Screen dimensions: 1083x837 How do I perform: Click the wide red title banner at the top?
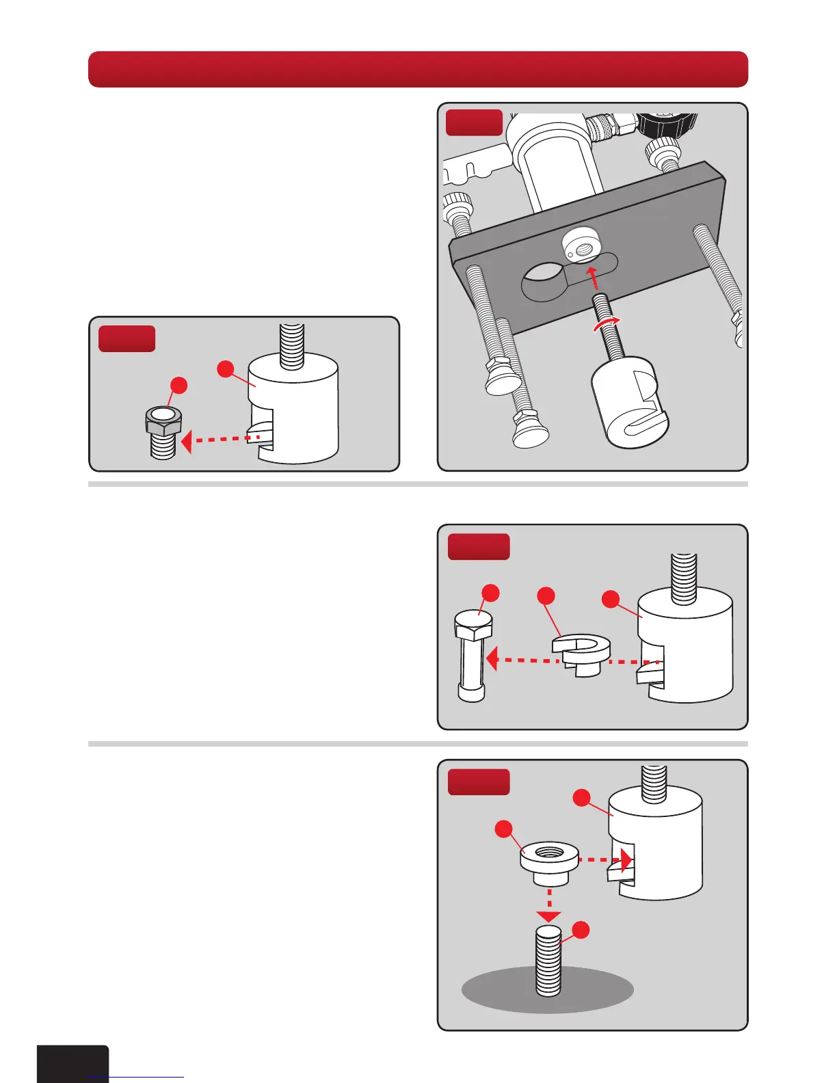[x=418, y=69]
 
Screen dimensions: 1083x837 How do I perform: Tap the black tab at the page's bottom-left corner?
[x=72, y=1063]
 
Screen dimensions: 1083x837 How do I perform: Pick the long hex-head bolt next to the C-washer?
[x=473, y=656]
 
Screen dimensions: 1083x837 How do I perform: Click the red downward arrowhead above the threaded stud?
[x=548, y=916]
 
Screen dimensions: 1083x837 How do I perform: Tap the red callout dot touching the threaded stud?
[x=581, y=930]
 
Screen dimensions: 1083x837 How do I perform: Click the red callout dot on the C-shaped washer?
[x=546, y=596]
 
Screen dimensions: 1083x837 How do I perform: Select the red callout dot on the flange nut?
[x=504, y=829]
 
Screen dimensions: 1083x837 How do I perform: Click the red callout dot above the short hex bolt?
[x=178, y=386]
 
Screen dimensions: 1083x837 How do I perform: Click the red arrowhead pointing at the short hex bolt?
[x=187, y=441]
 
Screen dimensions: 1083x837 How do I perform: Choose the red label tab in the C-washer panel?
[x=478, y=547]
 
